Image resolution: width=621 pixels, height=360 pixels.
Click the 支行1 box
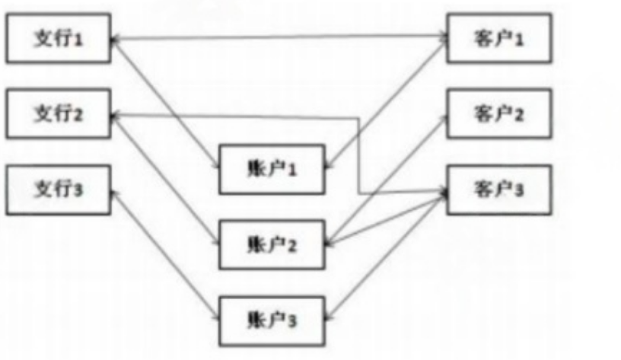pyautogui.click(x=58, y=38)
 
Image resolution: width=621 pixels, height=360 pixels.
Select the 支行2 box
pyautogui.click(x=58, y=113)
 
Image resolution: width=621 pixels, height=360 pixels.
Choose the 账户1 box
pyautogui.click(x=272, y=168)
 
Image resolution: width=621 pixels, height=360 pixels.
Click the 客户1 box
pyautogui.click(x=498, y=38)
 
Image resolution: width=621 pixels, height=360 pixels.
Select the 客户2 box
pyautogui.click(x=498, y=113)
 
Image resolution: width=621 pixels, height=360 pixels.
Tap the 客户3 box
pyautogui.click(x=498, y=188)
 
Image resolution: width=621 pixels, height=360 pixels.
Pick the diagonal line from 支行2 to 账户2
pyautogui.click(x=164, y=178)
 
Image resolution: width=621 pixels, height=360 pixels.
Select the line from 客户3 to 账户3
pyautogui.click(x=388, y=255)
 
